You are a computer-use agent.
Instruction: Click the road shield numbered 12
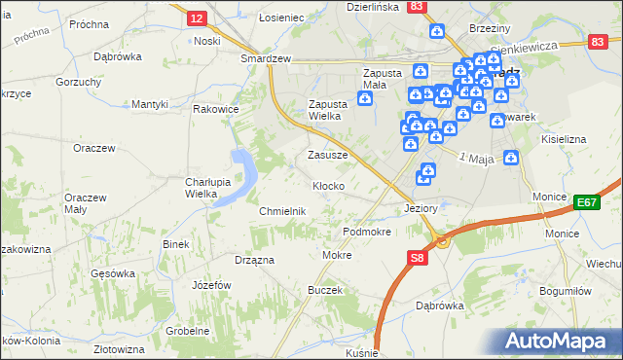[x=196, y=18]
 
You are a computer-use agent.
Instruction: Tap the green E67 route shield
[x=585, y=201]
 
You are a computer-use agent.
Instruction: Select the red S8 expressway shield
[x=417, y=258]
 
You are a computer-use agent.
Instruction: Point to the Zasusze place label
[x=327, y=155]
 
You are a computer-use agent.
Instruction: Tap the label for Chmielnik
[x=283, y=211]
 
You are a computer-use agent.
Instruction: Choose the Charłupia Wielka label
[x=206, y=188]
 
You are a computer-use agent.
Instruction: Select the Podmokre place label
[x=367, y=232]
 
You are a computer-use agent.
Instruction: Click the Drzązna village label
[x=254, y=260]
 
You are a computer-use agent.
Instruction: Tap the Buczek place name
[x=325, y=290]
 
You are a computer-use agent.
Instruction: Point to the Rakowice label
[x=216, y=110]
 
